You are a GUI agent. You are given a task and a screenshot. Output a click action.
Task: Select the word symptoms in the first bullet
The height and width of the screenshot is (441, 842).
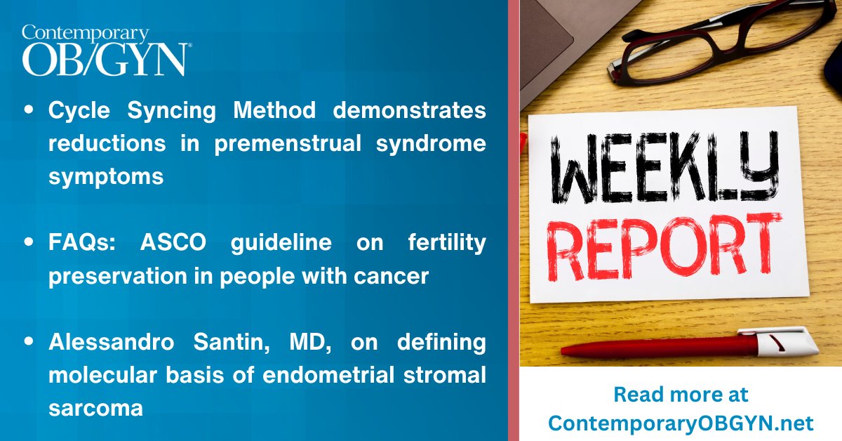(105, 176)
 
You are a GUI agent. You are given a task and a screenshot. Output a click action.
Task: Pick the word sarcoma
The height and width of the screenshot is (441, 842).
(95, 408)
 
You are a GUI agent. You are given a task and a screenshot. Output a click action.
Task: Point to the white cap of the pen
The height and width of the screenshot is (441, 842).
(786, 342)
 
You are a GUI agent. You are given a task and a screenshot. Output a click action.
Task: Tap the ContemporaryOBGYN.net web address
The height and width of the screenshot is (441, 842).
(680, 423)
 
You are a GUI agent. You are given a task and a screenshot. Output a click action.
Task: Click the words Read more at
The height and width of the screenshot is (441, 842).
(680, 395)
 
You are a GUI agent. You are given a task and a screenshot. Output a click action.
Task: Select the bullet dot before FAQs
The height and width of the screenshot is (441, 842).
(28, 244)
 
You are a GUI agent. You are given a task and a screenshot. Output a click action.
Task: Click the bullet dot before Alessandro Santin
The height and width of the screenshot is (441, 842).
(28, 343)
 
